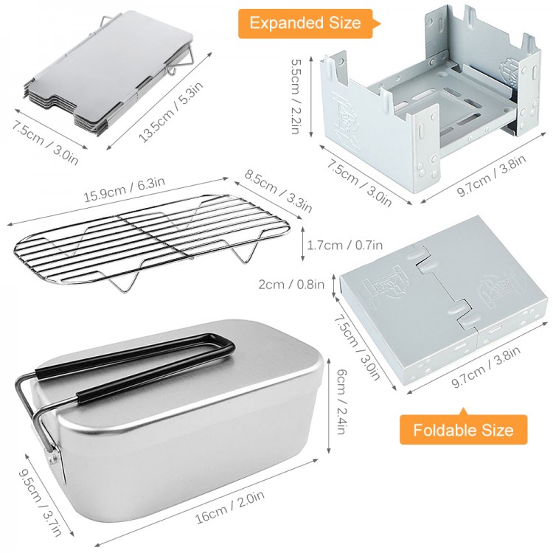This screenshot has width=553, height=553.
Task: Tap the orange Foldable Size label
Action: coord(463,430)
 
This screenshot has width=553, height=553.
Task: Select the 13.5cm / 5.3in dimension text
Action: coord(171,112)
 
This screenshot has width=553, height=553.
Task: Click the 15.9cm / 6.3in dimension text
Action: coord(124,189)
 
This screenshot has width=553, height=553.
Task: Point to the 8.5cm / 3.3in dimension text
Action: coord(278,191)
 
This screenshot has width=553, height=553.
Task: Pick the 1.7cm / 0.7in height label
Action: coord(344,245)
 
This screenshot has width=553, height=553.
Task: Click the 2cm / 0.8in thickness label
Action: coord(291,284)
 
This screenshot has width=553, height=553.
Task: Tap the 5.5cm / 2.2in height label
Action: coord(296,97)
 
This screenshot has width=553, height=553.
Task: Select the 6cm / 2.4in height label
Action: coord(341,401)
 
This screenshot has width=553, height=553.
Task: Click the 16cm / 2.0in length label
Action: coord(230,507)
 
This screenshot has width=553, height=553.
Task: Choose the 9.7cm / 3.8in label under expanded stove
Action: coord(492,175)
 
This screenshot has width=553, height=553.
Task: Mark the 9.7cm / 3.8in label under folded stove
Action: coord(486,366)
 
